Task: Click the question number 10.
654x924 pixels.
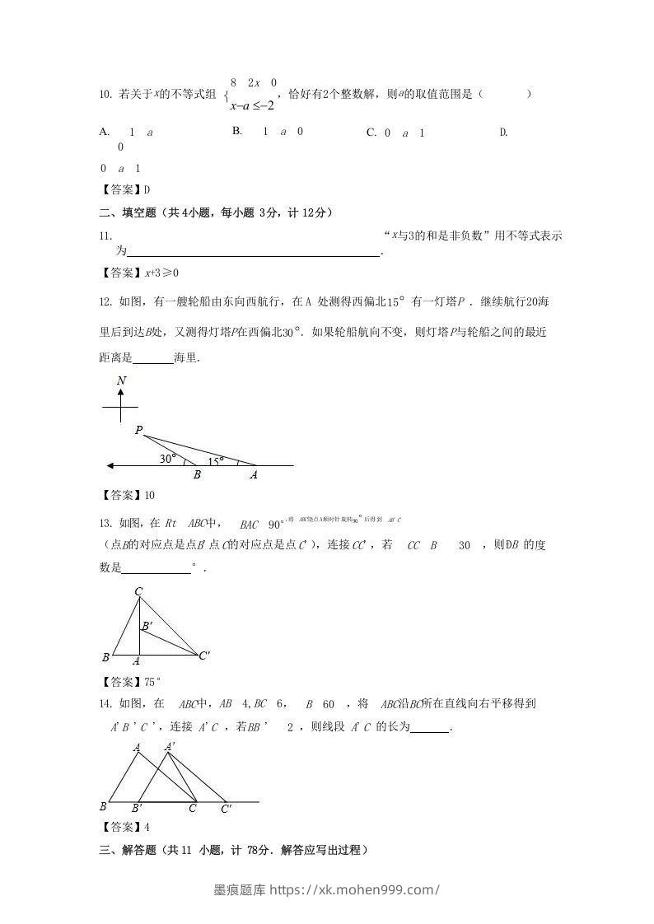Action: [104, 95]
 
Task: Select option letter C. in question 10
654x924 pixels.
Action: [371, 132]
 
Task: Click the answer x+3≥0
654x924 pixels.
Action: [161, 273]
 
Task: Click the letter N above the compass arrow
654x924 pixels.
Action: [121, 380]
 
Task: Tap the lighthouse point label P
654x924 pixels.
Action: [138, 430]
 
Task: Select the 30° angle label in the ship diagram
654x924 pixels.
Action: [168, 459]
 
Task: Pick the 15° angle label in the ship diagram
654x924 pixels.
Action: [216, 462]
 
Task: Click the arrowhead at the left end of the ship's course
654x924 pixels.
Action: [110, 466]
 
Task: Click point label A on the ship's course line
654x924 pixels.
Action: [253, 475]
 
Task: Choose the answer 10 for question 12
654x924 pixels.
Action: [149, 495]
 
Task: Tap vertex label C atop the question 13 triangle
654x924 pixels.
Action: [138, 591]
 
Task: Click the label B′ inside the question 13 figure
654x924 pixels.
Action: [147, 627]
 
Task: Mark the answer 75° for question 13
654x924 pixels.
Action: [152, 681]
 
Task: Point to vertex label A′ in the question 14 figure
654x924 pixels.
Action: [170, 747]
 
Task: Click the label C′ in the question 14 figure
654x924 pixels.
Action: [226, 809]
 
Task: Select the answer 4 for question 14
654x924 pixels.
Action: [147, 827]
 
